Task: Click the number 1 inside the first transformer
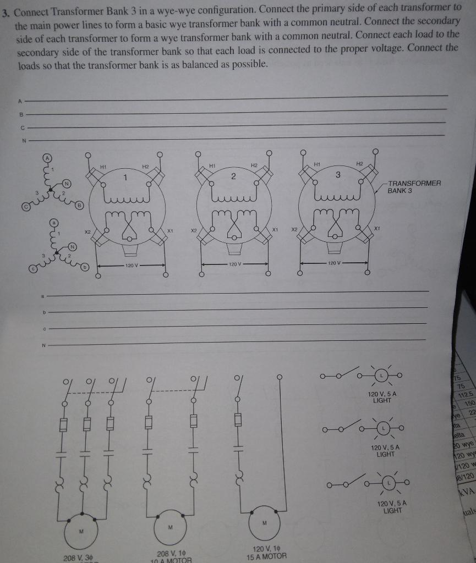tap(125, 178)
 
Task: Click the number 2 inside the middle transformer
tap(233, 176)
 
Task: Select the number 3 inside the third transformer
tap(338, 174)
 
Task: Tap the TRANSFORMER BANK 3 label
tap(414, 186)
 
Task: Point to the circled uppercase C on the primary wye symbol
tap(26, 207)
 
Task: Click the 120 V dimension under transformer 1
tap(132, 266)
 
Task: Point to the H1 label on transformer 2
tap(212, 165)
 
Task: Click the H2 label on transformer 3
tap(359, 163)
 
